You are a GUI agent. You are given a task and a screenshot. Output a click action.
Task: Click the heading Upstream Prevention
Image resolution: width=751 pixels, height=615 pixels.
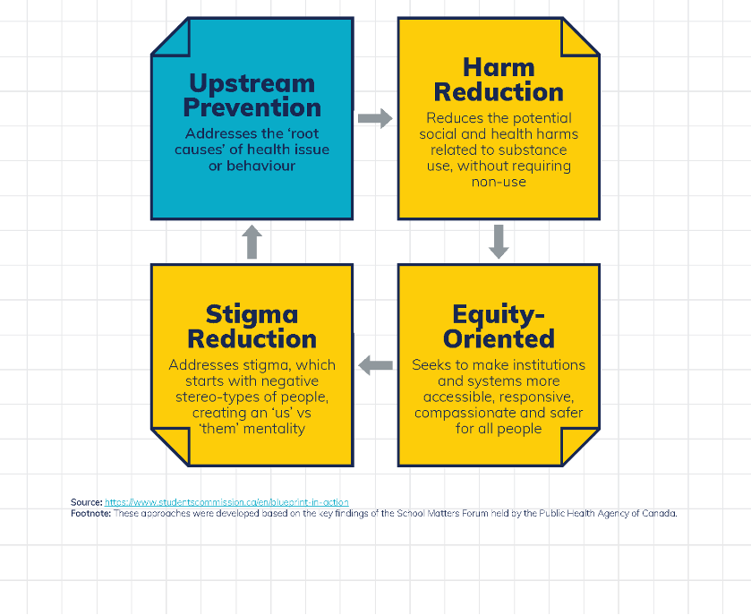coord(252,95)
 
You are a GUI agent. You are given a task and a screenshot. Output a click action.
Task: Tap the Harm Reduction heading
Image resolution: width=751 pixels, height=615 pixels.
coord(499,80)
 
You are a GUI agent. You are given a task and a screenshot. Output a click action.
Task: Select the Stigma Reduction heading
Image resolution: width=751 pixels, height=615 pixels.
coord(252,327)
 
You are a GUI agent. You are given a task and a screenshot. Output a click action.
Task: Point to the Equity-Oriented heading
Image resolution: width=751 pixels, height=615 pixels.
coord(499,327)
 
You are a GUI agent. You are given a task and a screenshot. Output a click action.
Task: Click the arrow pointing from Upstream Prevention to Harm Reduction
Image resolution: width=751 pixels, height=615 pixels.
coord(375,118)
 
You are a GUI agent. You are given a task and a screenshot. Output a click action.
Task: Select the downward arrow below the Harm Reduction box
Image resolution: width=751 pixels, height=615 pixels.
coord(499,242)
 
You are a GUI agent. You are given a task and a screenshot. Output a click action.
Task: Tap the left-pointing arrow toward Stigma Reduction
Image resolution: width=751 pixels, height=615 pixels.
coord(376,365)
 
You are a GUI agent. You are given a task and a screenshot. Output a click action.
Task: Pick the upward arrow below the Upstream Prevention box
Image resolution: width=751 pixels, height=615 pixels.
coord(252,242)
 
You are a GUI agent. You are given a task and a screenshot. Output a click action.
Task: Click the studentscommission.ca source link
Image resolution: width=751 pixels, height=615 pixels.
coord(226,502)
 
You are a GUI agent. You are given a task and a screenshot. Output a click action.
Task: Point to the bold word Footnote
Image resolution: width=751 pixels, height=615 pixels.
coord(91,514)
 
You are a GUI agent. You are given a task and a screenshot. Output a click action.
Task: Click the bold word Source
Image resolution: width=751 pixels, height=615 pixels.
coord(87,502)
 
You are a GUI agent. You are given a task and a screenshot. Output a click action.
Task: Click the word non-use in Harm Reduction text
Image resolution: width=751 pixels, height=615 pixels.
coord(499,182)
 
